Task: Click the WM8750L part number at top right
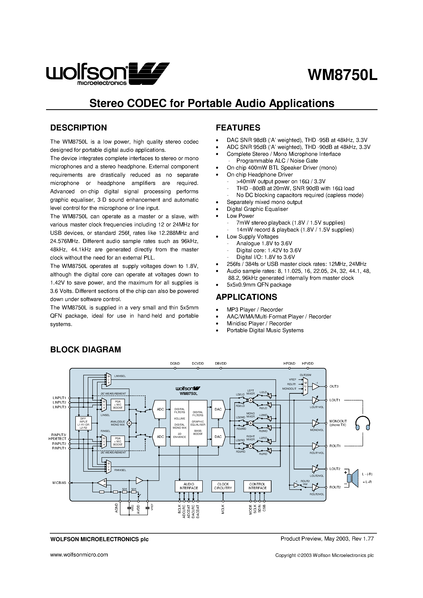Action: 342,75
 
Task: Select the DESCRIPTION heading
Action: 78,128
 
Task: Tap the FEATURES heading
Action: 238,128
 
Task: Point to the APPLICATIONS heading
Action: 247,297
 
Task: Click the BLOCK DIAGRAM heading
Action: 86,349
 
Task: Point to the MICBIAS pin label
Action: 59,483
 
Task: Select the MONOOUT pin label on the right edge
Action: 338,421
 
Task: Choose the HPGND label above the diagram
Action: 289,363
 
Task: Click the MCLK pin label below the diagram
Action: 223,509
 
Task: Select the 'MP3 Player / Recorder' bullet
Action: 254,310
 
